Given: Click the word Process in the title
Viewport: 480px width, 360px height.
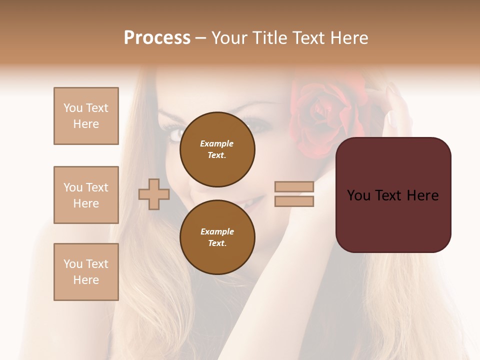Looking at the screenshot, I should tap(157, 38).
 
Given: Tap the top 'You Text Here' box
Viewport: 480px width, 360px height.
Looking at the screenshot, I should tap(86, 116).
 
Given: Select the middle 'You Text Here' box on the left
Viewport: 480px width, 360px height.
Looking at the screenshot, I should tap(86, 195).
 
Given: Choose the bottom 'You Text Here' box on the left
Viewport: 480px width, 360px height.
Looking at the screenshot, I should tap(86, 272).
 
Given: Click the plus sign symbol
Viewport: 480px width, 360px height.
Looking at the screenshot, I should tap(154, 194).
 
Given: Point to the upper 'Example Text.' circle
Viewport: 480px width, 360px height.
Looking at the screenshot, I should tap(217, 149).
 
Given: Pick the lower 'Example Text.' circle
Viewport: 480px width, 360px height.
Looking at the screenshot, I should tap(217, 237).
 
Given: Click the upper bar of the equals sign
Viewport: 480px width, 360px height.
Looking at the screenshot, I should tap(294, 187).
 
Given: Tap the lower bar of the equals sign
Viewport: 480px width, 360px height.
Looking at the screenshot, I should tap(294, 201).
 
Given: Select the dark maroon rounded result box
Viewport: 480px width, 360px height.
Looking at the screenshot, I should tap(393, 194).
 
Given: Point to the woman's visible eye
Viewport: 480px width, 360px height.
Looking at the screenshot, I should tap(177, 134).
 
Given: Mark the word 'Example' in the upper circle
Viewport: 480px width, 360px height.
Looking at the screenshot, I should tap(217, 143).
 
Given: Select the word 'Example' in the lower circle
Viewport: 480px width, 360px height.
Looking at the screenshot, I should tap(217, 231).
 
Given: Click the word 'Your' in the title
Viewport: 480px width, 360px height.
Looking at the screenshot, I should tap(229, 38).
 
